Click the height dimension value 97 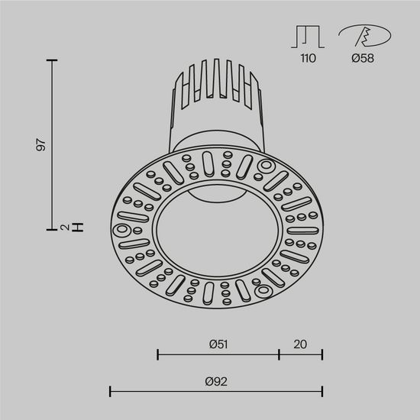point(43,144)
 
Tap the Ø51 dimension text point(219,344)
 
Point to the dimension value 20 point(300,344)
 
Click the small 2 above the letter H point(66,227)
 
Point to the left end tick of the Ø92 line point(111,392)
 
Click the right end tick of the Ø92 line point(322,392)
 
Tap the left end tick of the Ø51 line point(158,354)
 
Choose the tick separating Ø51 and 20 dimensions point(279,354)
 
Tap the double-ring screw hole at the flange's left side point(121,228)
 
